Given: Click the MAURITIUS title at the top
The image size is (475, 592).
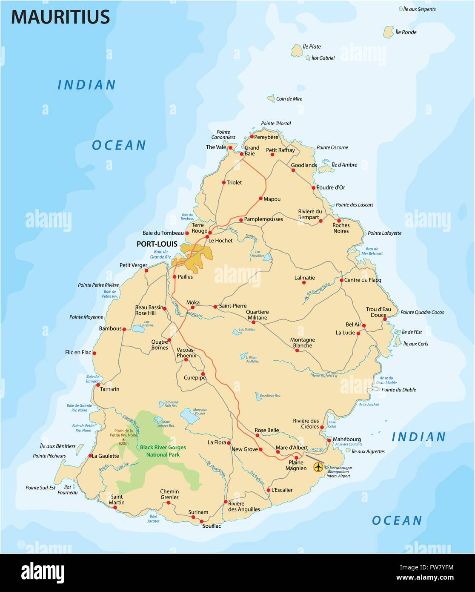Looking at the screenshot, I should [x=60, y=17].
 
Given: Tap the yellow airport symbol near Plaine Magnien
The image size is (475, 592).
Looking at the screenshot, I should [x=318, y=467].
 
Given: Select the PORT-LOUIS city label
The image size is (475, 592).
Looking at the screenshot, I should [x=157, y=244].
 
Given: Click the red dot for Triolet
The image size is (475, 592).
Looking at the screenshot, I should [x=224, y=182].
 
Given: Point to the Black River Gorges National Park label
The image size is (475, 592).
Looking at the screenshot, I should [x=163, y=451].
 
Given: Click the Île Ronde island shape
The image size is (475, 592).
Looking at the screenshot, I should [x=388, y=32].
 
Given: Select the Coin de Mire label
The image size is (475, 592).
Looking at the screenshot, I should [x=289, y=99].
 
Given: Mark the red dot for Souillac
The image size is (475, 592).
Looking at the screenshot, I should [x=201, y=521].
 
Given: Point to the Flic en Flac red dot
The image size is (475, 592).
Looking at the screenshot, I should [x=94, y=353].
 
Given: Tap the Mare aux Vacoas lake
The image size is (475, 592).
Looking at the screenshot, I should [x=189, y=416].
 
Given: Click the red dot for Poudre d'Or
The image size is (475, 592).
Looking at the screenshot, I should [x=314, y=187].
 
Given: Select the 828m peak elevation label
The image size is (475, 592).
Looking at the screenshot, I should [x=123, y=443].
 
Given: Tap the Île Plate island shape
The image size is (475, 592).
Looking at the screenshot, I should [x=297, y=50].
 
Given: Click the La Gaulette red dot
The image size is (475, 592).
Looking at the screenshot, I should [x=90, y=456].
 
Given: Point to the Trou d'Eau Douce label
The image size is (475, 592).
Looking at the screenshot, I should [x=378, y=312].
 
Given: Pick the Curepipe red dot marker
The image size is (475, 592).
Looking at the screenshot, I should [x=203, y=374].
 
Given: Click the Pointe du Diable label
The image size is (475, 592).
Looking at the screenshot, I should [x=399, y=390].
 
